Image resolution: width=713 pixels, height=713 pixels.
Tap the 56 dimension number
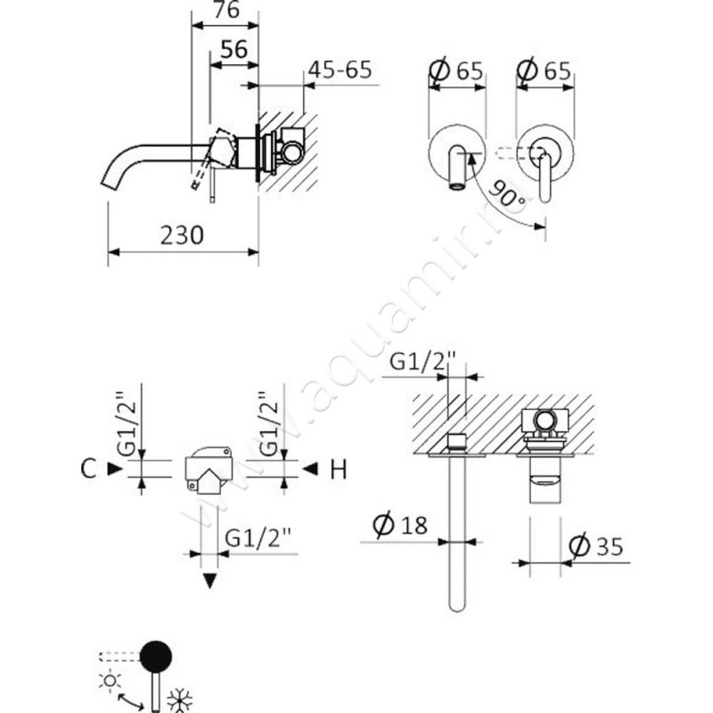coord(233,50)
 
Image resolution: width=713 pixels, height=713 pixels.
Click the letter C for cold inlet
coord(86,468)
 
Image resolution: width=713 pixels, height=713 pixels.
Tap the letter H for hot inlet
coord(338,469)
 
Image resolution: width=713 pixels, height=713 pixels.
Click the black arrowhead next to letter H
coord(310,469)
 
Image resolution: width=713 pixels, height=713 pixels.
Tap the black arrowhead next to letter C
coord(112,468)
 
